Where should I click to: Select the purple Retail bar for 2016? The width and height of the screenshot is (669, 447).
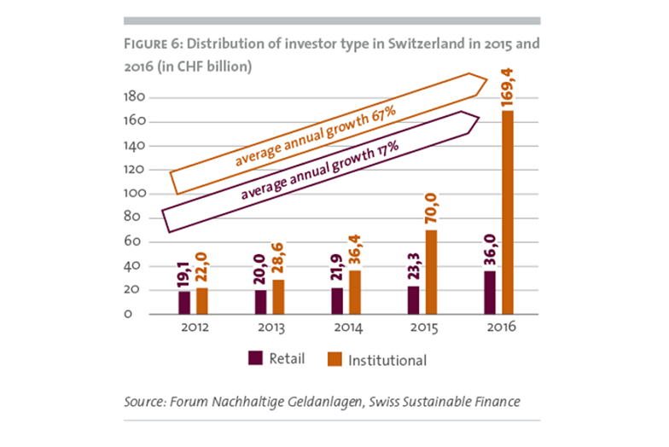click(x=490, y=293)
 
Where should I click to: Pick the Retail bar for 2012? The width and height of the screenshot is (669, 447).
click(x=184, y=302)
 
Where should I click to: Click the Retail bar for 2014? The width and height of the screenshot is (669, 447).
click(x=337, y=300)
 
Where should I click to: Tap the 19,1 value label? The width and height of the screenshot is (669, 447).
click(x=184, y=275)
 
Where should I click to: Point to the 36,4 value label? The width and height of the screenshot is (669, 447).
click(x=355, y=253)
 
